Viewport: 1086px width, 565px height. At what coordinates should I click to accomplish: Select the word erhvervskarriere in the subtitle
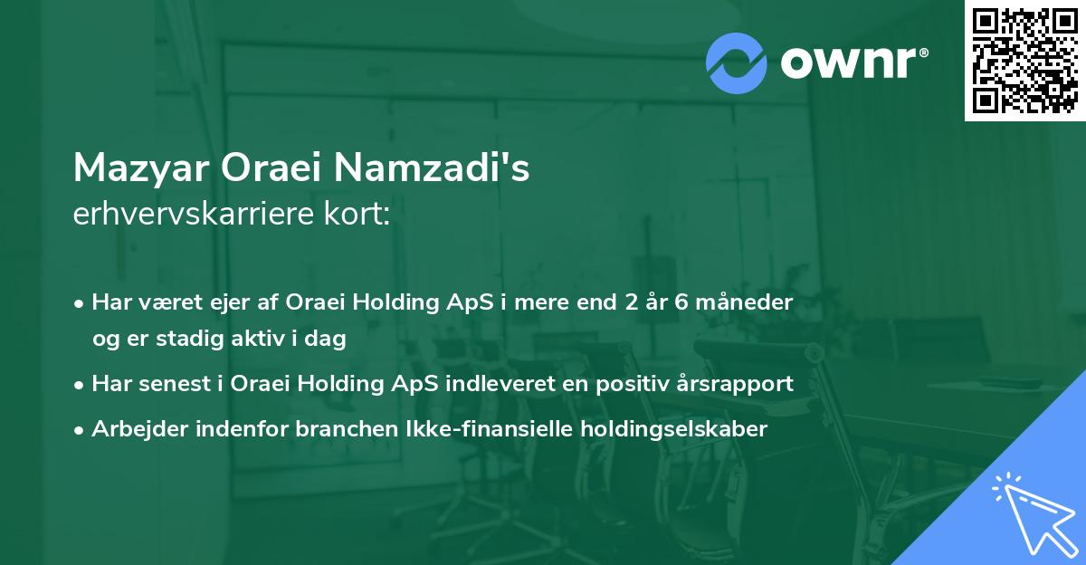(186, 214)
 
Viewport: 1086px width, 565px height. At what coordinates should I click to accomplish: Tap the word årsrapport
(730, 383)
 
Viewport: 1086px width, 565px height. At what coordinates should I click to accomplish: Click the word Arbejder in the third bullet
(133, 428)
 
